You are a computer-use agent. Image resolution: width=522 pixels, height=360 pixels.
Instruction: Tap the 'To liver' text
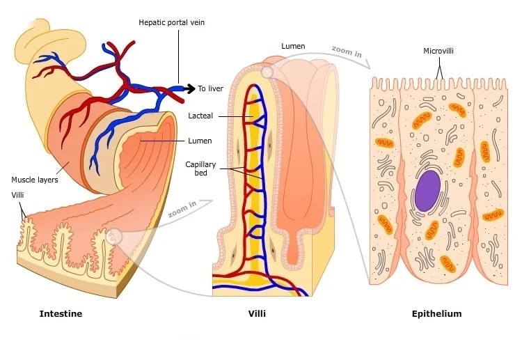point(210,88)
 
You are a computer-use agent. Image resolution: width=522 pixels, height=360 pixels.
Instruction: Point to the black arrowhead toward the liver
point(190,88)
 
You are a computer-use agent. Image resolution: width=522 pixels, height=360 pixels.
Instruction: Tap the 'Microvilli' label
point(439,51)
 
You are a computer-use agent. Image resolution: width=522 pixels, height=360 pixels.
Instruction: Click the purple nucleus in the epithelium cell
point(427,191)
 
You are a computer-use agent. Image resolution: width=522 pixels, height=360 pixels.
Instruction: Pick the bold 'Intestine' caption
point(61,314)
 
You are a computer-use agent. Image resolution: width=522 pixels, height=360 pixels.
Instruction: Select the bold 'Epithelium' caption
point(436,314)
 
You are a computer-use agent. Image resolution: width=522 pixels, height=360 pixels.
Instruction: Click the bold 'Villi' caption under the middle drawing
point(257,314)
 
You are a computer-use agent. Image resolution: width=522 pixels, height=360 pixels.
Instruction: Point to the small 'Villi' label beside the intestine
point(17,195)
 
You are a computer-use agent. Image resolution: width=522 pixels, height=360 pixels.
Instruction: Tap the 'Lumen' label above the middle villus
point(293,47)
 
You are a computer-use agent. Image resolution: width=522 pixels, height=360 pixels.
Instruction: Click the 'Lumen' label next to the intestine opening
point(200,141)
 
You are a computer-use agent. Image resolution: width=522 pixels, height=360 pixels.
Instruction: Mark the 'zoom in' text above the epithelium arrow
point(346,52)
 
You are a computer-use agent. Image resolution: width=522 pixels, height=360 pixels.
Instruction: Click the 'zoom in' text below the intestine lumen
point(182,209)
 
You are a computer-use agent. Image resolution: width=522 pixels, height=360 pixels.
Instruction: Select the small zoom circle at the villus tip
point(267,72)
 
